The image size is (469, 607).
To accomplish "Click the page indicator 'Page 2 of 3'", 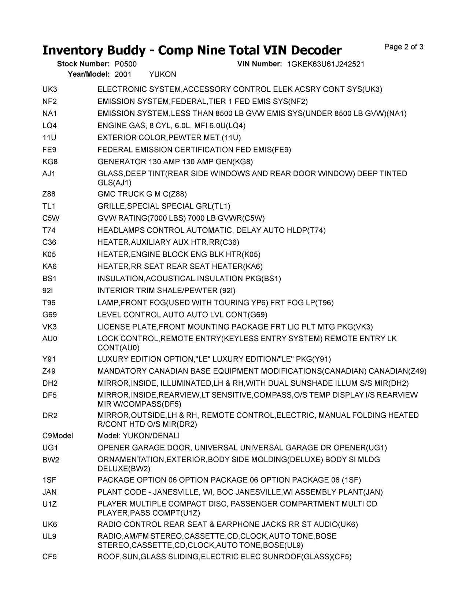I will (404, 47).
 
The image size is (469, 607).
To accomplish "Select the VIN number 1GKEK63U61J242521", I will (326, 64).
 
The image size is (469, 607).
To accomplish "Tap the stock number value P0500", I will (125, 64).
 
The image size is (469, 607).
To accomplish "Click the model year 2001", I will (123, 74).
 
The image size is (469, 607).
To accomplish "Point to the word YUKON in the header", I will (163, 74).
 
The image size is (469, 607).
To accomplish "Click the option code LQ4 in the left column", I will (49, 126).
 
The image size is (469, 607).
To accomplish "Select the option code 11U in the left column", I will (49, 138).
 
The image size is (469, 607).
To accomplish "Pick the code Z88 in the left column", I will (49, 194).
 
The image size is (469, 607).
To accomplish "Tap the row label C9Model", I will (58, 436).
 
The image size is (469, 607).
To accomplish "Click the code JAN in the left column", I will (49, 492).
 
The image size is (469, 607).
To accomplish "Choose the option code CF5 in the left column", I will (49, 557).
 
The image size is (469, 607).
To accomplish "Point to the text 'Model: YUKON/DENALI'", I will (139, 436).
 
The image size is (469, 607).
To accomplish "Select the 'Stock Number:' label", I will (83, 64).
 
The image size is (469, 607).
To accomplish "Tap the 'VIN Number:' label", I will (259, 64).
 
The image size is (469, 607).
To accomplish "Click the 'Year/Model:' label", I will (89, 74).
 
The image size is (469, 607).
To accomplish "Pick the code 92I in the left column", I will (48, 291).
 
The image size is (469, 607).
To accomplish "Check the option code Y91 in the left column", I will (49, 359).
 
